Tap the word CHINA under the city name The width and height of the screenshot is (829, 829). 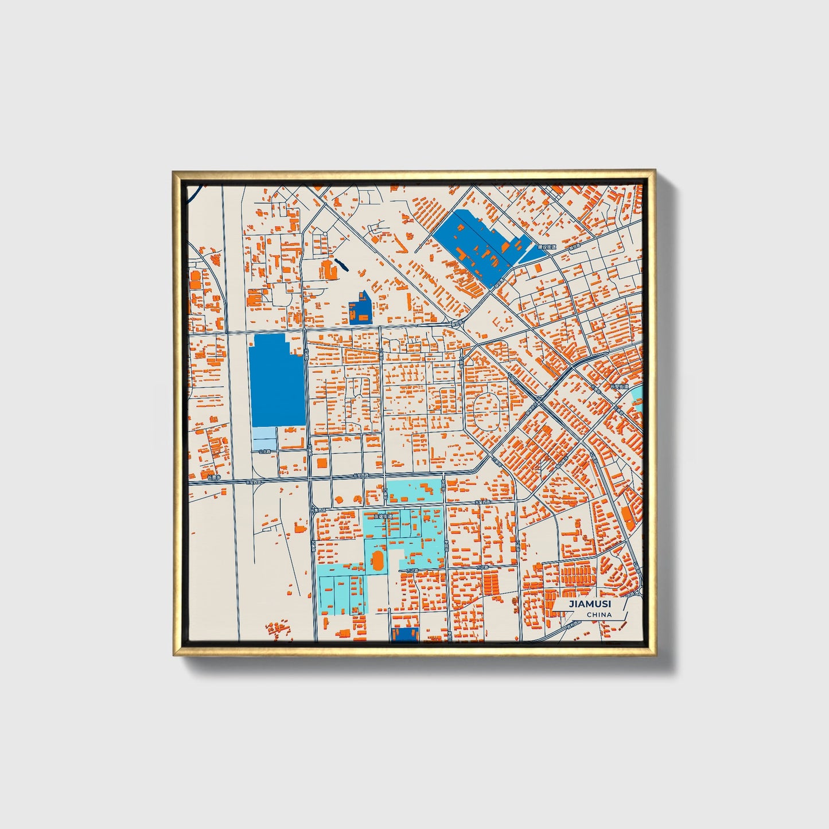pos(599,615)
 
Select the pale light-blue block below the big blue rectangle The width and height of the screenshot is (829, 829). pos(264,438)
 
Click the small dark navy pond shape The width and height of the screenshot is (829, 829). pos(341,264)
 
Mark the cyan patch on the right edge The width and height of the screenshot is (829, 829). pos(636,399)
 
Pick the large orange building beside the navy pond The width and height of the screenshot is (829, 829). pos(329,269)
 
